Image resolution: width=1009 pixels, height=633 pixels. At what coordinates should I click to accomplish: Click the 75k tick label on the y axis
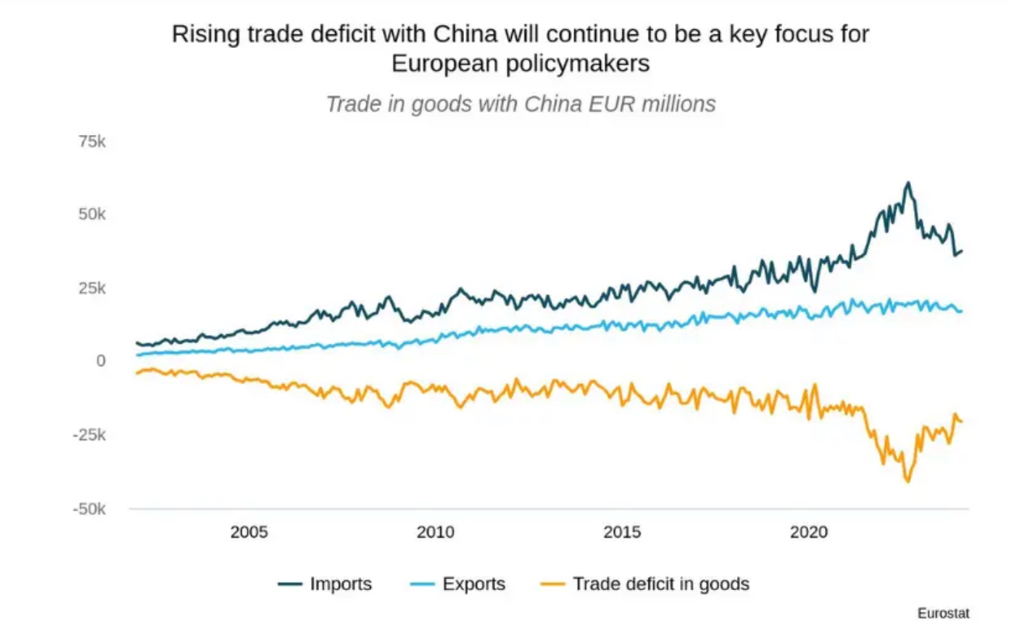pyautogui.click(x=92, y=142)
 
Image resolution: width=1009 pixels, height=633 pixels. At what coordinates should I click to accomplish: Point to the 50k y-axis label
pyautogui.click(x=92, y=215)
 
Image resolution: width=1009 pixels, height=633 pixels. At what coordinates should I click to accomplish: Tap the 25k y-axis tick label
pyautogui.click(x=92, y=288)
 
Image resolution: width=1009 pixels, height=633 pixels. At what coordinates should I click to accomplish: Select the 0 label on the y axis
pyautogui.click(x=100, y=361)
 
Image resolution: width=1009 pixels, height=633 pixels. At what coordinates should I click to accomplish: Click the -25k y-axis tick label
pyautogui.click(x=89, y=435)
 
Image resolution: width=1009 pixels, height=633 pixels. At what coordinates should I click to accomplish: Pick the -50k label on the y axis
pyautogui.click(x=89, y=509)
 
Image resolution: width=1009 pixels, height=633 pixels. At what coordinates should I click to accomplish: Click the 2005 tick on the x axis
pyautogui.click(x=249, y=532)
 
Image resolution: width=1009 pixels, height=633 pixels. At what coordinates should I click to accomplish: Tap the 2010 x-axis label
pyautogui.click(x=436, y=532)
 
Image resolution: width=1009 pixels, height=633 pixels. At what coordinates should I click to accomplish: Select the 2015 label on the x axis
pyautogui.click(x=622, y=532)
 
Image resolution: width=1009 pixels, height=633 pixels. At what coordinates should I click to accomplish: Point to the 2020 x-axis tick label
pyautogui.click(x=808, y=532)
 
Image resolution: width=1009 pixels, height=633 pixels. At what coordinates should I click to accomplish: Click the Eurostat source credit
pyautogui.click(x=943, y=613)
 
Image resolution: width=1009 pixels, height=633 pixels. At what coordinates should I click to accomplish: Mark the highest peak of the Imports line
pyautogui.click(x=908, y=183)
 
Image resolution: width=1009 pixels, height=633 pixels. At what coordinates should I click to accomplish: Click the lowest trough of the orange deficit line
pyautogui.click(x=908, y=482)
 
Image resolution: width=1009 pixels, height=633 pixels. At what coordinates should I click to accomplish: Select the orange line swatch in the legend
pyautogui.click(x=551, y=584)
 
